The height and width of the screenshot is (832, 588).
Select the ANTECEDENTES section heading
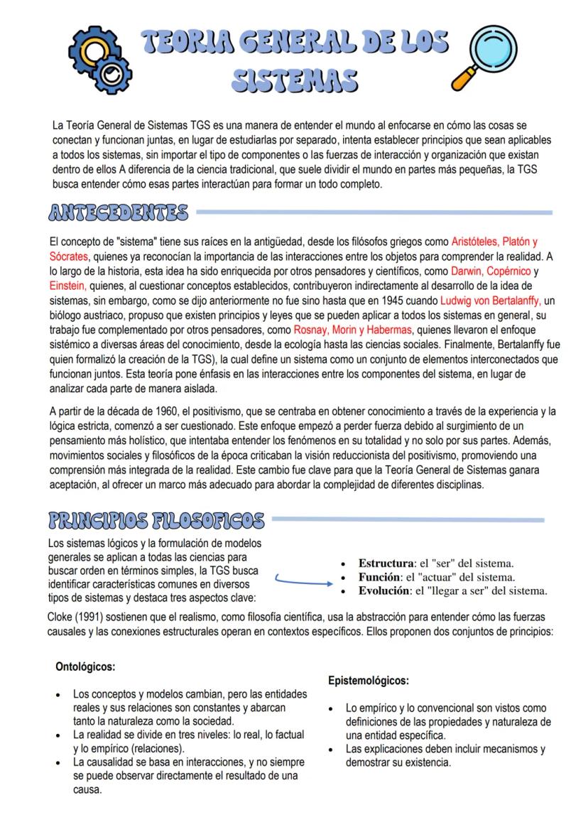coord(119,211)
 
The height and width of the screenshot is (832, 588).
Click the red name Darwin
coord(467,271)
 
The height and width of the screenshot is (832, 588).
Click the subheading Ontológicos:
coord(85,669)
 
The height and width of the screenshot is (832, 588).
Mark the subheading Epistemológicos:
coord(368,681)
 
